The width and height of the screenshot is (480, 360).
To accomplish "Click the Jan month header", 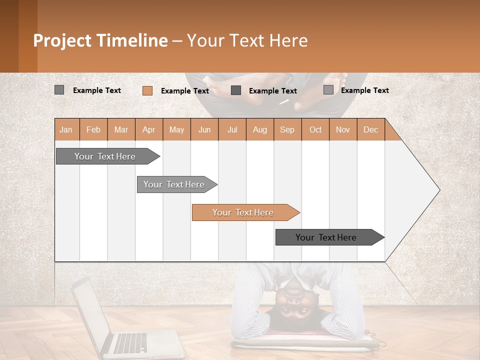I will tap(66, 129).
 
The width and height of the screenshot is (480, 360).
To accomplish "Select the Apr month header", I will tap(149, 129).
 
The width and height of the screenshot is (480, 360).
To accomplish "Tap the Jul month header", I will tap(232, 129).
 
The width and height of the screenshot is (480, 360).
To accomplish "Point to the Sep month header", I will tap(287, 129).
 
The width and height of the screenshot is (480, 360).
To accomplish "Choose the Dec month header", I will tap(370, 129).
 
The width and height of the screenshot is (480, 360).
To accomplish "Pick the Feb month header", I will tap(93, 129).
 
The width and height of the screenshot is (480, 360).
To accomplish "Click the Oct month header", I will tap(315, 129).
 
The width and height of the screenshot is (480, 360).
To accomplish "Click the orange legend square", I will tap(147, 90).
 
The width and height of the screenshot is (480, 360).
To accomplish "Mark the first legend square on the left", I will tap(59, 90).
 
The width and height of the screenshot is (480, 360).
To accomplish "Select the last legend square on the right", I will tap(328, 90).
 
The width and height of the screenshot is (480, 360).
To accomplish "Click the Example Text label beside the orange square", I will tap(184, 91).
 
